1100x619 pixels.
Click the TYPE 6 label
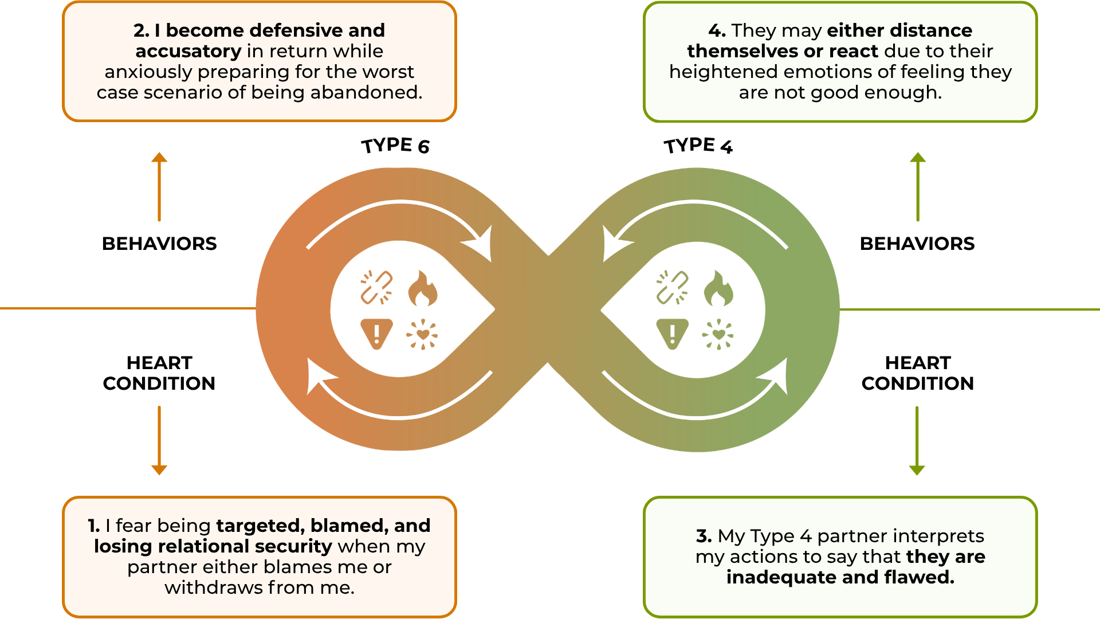(395, 146)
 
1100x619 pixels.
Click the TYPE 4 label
(698, 146)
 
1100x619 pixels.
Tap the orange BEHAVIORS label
(159, 244)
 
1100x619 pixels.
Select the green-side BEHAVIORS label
(917, 244)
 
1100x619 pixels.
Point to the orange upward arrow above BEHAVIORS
(159, 186)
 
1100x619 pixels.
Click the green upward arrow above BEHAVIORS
(918, 186)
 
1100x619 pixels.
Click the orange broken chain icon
(376, 287)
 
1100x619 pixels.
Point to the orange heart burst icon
(422, 334)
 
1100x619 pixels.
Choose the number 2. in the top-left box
(142, 30)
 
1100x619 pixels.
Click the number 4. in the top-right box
(717, 30)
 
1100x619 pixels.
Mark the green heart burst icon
(718, 334)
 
